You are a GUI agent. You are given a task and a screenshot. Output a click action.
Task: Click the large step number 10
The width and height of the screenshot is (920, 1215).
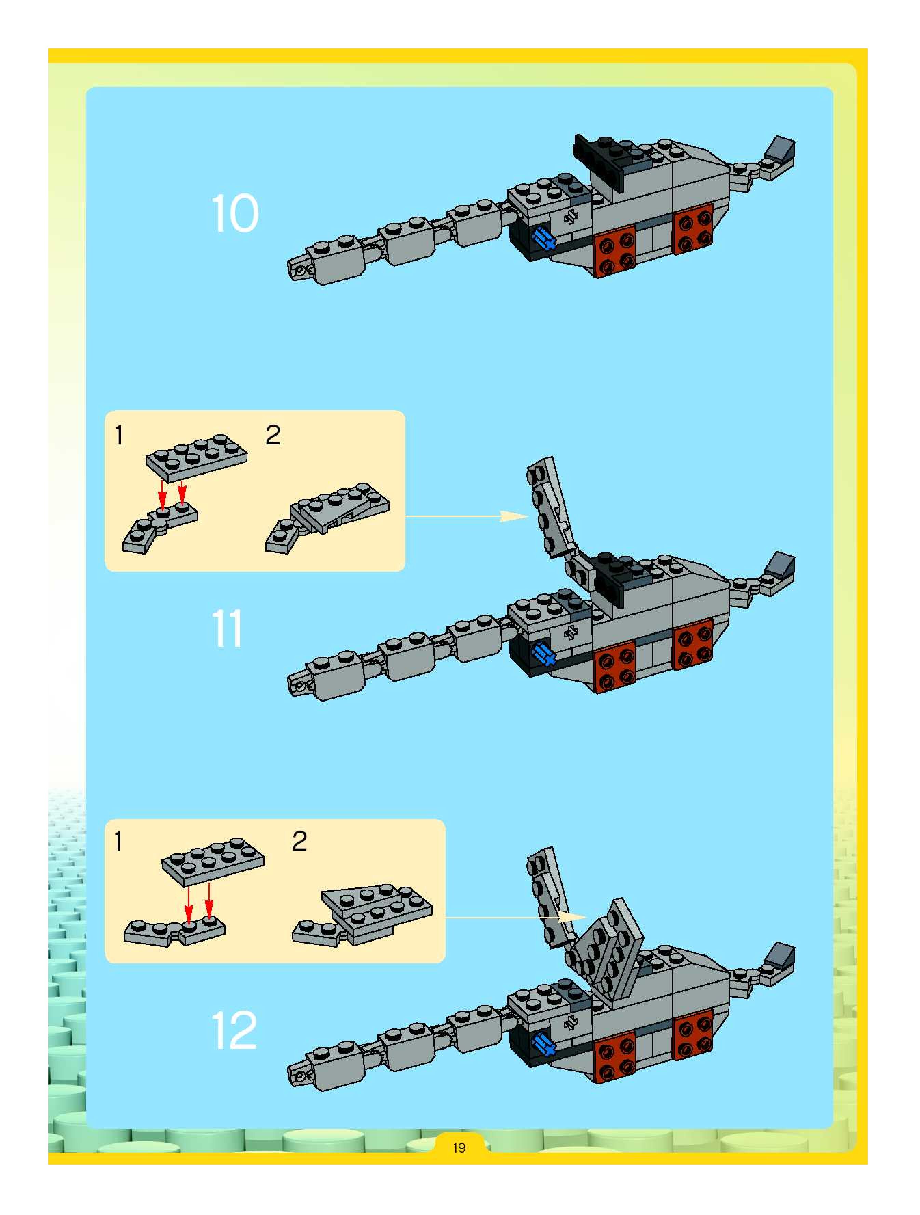coord(234,213)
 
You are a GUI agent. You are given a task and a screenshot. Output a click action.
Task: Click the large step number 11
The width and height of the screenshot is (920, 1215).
coord(226,629)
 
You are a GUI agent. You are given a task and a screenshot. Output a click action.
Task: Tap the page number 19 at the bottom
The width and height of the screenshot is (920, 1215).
coord(459,1147)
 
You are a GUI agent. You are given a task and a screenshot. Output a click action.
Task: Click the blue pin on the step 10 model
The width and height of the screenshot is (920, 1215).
coord(544,240)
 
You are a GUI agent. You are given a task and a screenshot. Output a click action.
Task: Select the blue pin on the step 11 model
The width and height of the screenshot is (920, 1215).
coord(544,654)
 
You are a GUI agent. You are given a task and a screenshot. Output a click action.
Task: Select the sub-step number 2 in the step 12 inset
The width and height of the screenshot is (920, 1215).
coord(299,841)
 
